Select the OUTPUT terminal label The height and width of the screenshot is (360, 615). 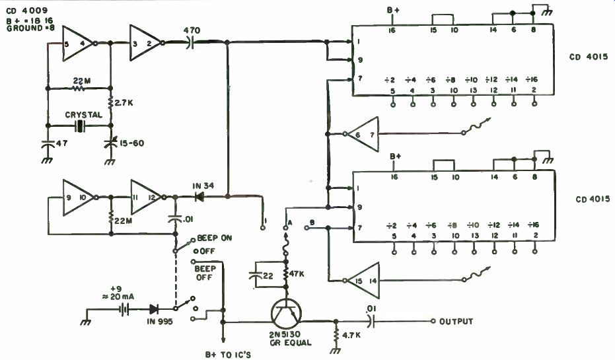456,322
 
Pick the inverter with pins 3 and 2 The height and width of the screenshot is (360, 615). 145,44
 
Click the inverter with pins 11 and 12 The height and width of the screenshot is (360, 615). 147,197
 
